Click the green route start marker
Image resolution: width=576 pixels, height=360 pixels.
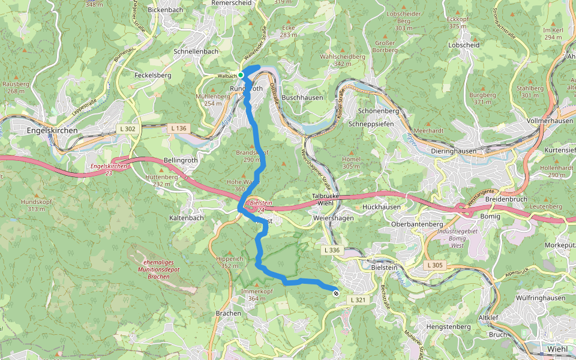241,75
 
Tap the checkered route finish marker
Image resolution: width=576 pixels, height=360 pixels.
335,293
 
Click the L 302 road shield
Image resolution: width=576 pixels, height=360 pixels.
127,128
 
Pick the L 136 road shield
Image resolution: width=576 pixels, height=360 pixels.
178,128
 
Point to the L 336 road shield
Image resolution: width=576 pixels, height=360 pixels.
331,250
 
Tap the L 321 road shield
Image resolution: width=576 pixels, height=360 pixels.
357,300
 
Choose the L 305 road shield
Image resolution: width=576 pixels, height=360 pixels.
436,265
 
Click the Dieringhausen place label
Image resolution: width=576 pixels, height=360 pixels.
455,152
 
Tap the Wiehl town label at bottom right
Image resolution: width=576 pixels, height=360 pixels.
557,349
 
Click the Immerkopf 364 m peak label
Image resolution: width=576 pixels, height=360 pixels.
253,295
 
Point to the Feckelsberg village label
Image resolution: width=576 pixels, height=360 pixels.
153,76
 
